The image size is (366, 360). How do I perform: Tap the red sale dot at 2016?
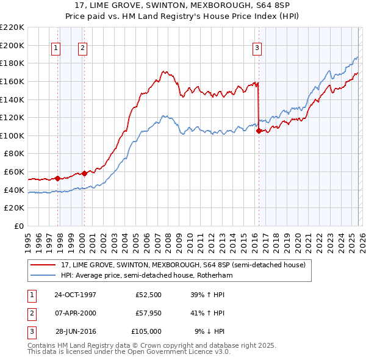point(259,131)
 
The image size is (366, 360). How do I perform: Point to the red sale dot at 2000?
point(84,173)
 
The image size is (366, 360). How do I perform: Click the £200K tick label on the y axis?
point(12,45)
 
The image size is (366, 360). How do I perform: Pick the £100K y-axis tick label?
point(12,135)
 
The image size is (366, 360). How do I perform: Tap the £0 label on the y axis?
point(18,226)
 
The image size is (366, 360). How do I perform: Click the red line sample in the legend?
point(43,265)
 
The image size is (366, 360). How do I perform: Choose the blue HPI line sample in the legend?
point(43,275)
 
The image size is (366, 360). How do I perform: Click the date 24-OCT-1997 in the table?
point(75,295)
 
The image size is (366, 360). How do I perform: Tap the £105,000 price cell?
point(146,331)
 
